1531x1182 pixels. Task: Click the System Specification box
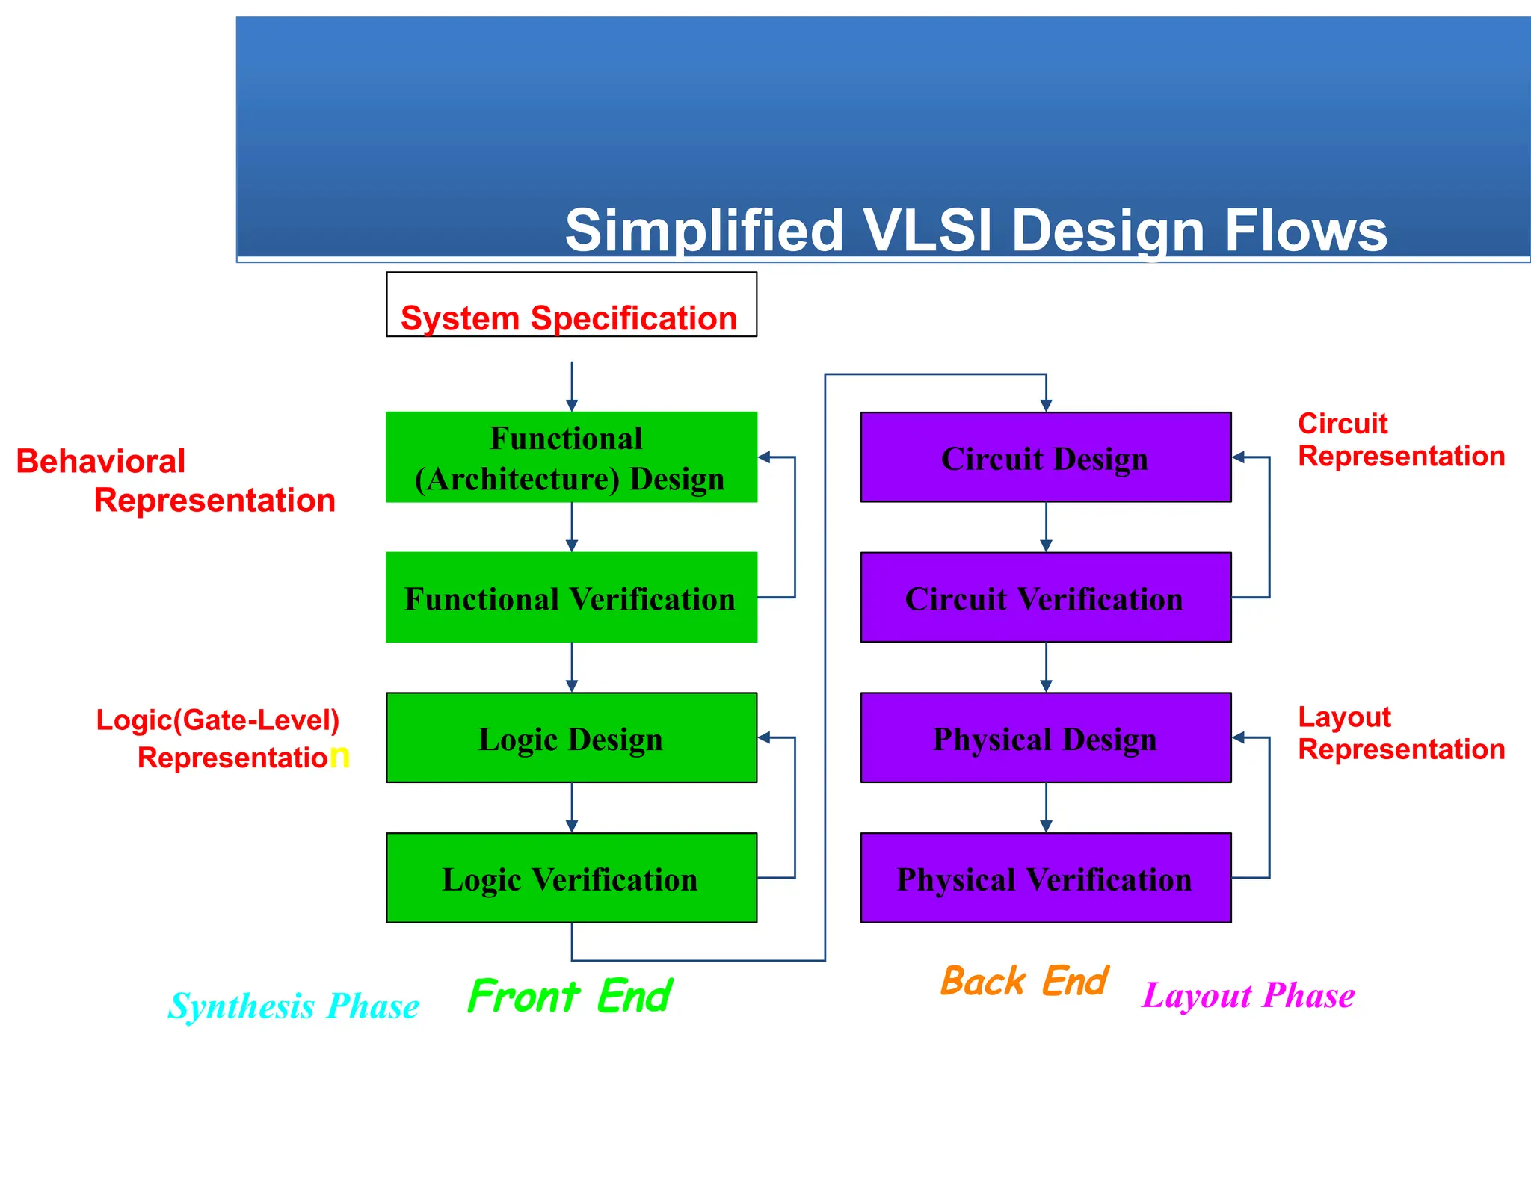click(x=571, y=305)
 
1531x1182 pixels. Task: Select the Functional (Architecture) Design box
click(x=571, y=457)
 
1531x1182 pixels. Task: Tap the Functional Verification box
click(x=571, y=598)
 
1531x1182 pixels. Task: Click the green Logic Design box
click(x=571, y=738)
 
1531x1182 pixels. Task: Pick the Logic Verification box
click(x=571, y=878)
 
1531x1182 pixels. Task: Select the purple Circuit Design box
click(x=1045, y=457)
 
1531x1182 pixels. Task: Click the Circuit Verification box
click(x=1045, y=598)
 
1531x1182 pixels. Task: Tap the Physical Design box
click(x=1045, y=738)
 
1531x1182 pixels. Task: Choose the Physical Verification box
click(x=1045, y=878)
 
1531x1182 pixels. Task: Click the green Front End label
click(x=570, y=997)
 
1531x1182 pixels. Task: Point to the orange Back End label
click(x=1024, y=982)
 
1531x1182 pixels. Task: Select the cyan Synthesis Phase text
click(x=293, y=1006)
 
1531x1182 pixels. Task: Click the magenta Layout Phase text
click(x=1248, y=996)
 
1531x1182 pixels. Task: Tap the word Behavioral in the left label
click(x=100, y=462)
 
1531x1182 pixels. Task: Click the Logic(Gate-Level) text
click(x=218, y=720)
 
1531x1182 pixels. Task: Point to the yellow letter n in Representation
click(x=339, y=756)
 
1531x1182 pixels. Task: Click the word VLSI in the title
click(x=927, y=230)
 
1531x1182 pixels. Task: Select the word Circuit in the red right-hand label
click(x=1343, y=424)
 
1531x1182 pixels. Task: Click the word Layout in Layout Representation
click(x=1344, y=717)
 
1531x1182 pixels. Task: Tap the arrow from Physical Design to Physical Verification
click(x=1046, y=808)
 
